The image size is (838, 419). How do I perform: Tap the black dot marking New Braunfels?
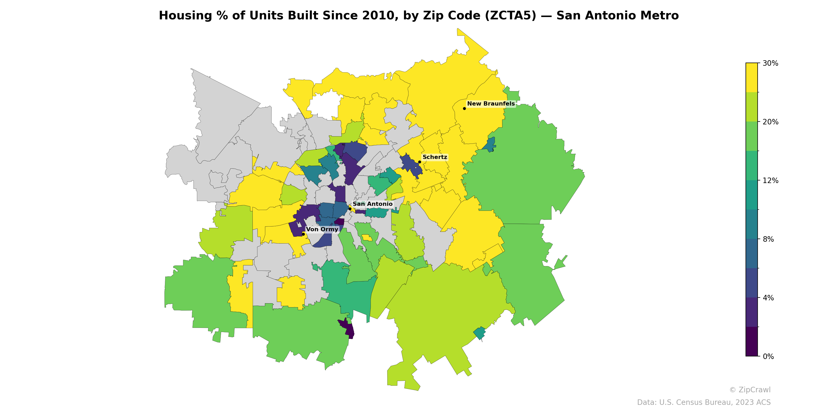pos(464,108)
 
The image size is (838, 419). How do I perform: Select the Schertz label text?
pos(435,157)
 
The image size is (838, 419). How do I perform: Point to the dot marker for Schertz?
pos(420,162)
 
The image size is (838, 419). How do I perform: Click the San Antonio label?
pos(372,204)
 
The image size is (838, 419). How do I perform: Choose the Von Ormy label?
pos(322,229)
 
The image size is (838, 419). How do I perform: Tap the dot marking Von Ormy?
pos(303,234)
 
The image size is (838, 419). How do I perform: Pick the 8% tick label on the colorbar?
pos(768,239)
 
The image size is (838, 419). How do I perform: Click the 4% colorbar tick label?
pos(768,298)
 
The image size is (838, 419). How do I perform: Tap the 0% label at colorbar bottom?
pos(768,356)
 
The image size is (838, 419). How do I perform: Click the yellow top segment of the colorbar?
pos(752,78)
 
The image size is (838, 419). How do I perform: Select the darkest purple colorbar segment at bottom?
pos(752,341)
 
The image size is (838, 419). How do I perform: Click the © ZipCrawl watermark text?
pos(749,390)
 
